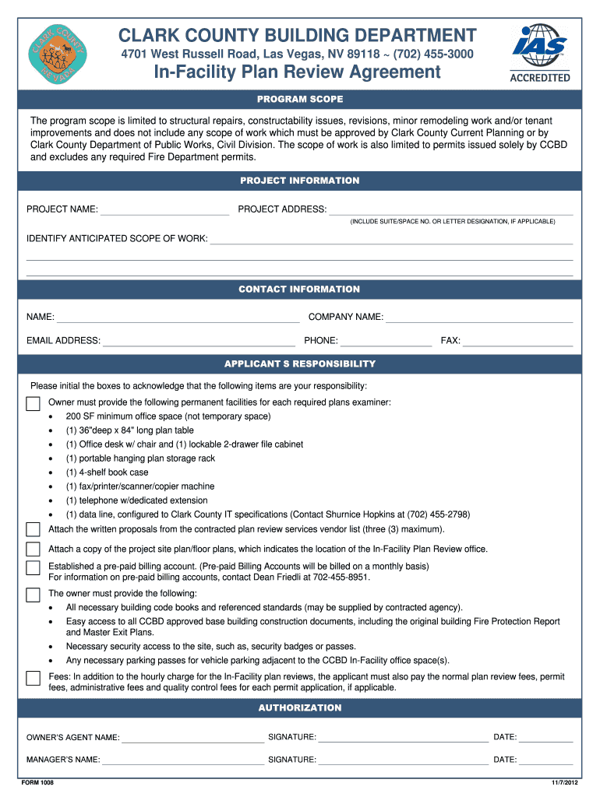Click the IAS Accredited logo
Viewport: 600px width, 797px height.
[539, 53]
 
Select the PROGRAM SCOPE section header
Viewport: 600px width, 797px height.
[300, 100]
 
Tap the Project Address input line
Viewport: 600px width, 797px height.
[450, 209]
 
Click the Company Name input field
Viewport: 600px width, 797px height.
[479, 318]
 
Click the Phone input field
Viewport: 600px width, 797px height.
[386, 341]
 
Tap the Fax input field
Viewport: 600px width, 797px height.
[518, 341]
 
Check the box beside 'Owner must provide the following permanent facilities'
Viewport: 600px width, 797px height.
[33, 403]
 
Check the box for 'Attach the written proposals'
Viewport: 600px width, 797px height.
[33, 529]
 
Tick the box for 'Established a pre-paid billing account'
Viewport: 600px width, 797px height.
[33, 567]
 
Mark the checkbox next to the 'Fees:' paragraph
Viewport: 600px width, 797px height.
[33, 678]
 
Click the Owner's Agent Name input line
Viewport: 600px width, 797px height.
[192, 738]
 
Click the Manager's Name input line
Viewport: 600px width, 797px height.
[183, 760]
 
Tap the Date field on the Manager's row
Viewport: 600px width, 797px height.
[546, 760]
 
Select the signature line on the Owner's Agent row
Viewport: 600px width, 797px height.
[403, 738]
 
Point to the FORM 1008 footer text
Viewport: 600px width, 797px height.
[38, 782]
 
